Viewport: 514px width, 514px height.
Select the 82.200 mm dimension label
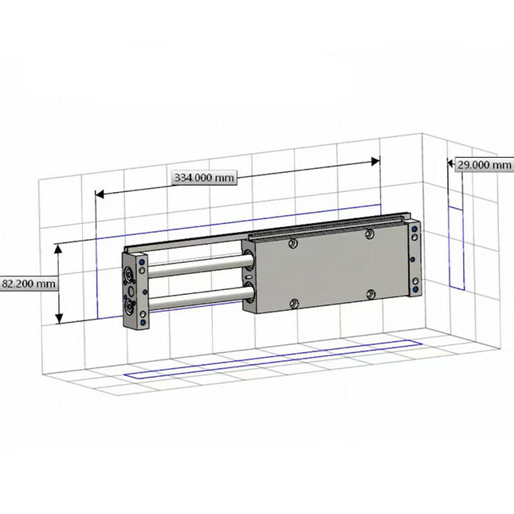coord(29,283)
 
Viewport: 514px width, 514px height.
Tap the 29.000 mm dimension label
coord(483,165)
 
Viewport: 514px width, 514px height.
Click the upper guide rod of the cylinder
coord(195,265)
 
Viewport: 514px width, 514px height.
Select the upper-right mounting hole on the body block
coord(369,233)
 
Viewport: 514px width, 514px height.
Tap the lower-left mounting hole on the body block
coord(294,303)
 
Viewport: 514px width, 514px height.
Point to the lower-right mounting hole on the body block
coord(371,295)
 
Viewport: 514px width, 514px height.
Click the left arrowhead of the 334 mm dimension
coord(100,193)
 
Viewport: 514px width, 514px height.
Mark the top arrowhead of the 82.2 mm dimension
coord(59,249)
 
